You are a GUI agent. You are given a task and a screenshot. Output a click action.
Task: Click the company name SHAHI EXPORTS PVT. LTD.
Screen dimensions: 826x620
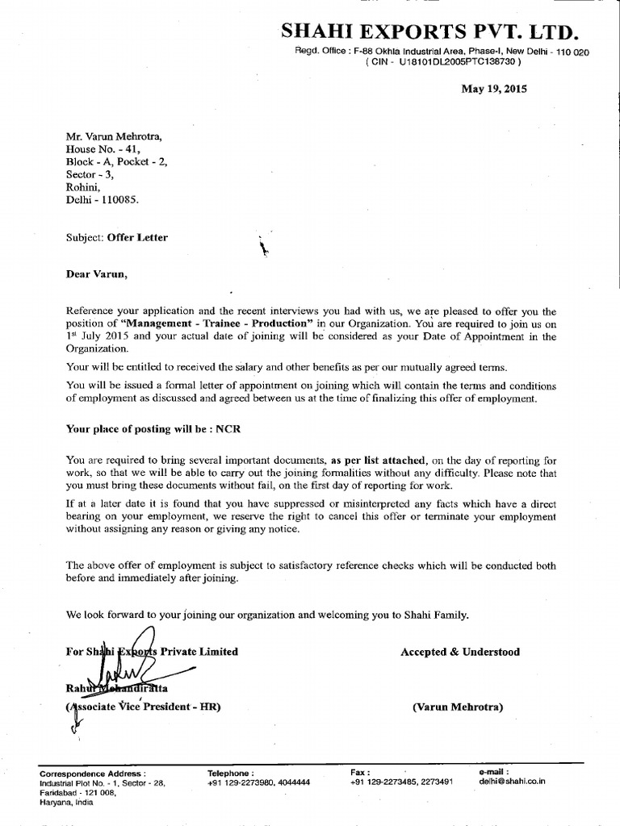(429, 33)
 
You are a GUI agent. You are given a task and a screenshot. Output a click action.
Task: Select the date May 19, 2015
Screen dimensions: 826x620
(493, 90)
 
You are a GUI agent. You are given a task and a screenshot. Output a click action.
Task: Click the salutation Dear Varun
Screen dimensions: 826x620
(96, 273)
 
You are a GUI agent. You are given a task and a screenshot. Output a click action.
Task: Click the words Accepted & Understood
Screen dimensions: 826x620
(460, 652)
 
